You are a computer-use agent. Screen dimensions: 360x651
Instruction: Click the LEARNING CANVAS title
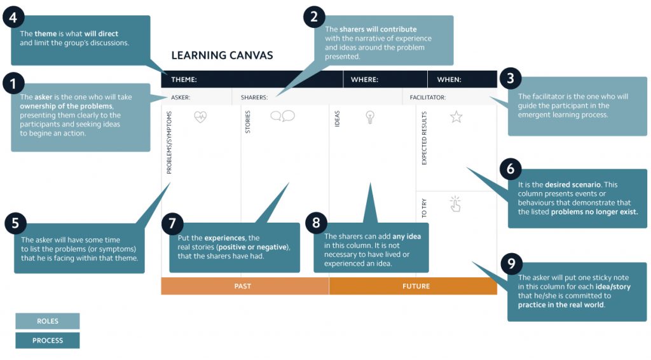222,55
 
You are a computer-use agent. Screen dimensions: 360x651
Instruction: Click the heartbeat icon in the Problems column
200,117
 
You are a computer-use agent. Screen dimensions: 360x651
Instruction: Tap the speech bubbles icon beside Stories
282,116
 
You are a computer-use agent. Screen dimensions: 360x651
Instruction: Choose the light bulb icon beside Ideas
370,116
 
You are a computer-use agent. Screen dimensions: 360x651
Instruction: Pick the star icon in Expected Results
456,116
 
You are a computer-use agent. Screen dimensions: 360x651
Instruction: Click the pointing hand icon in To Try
455,204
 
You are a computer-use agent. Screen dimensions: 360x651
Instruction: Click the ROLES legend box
48,321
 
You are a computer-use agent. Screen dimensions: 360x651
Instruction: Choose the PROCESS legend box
48,340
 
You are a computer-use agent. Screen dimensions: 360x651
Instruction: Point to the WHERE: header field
365,80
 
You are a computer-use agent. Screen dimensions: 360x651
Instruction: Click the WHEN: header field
449,80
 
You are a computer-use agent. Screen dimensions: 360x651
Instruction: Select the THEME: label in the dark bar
184,80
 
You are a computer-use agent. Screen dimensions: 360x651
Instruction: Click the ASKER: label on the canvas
181,97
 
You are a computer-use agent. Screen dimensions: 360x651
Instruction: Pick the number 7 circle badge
172,223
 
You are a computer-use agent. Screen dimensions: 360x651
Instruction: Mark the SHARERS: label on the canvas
254,97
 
